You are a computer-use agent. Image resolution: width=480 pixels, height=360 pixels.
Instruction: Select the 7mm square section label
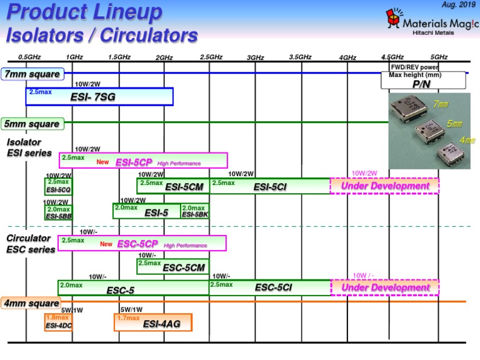coord(32,74)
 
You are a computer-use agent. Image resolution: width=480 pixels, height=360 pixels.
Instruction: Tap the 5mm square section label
coord(32,124)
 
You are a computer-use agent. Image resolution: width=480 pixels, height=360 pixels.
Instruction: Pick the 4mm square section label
coord(32,304)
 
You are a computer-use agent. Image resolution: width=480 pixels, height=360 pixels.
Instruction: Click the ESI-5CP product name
coord(134,162)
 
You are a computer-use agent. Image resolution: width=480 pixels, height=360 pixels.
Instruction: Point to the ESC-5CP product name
coord(137,244)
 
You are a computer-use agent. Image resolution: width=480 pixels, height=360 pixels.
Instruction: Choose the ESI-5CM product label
coord(184,186)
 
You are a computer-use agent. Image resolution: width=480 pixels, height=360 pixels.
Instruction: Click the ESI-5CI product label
coord(270,186)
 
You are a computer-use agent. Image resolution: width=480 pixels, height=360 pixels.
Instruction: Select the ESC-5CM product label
coord(184,267)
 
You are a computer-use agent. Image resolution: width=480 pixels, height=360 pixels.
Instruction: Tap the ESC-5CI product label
coord(273,287)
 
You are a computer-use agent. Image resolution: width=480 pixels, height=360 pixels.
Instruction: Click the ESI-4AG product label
coord(162,324)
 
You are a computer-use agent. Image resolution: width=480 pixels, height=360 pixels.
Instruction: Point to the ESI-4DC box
coord(58,322)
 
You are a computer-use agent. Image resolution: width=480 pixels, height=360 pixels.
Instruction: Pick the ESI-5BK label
coord(194,211)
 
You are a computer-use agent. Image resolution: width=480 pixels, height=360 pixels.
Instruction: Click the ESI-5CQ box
coord(59,186)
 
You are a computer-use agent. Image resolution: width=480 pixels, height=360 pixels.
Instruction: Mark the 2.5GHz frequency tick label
coord(211,57)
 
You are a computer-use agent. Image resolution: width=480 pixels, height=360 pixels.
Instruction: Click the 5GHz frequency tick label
coord(439,57)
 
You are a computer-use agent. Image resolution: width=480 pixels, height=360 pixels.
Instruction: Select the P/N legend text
coord(422,83)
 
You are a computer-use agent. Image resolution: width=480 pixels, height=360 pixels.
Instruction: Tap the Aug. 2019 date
coord(458,5)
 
